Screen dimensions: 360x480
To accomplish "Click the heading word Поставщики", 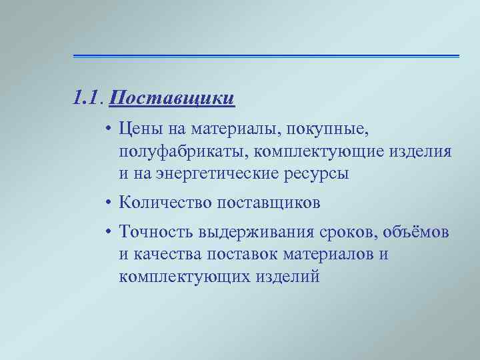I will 172,99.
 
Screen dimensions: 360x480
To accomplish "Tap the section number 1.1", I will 89,99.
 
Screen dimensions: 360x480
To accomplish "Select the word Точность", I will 155,231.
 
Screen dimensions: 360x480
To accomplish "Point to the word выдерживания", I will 252,231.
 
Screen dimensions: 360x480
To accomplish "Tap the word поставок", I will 243,255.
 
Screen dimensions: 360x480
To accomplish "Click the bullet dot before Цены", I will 107,127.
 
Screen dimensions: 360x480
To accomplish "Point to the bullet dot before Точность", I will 107,232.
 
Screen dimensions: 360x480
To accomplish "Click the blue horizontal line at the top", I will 266,55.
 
